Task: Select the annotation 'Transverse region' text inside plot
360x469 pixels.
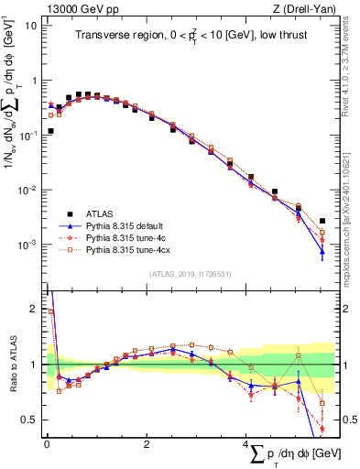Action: click(116, 35)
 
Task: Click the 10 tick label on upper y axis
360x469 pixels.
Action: click(31, 25)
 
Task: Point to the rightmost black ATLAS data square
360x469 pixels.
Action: click(322, 221)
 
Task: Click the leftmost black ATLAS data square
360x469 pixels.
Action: click(50, 131)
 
